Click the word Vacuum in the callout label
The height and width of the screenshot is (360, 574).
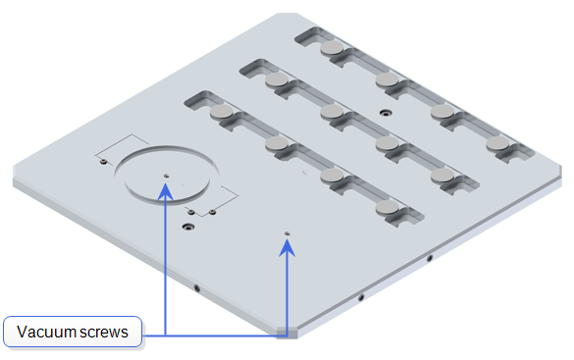[x=46, y=332]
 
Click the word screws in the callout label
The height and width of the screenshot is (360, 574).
[x=104, y=333]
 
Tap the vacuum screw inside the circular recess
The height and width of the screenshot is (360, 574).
[x=166, y=176]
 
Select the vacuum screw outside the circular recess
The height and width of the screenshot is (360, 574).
[x=287, y=233]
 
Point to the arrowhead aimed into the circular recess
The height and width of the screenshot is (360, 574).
[x=166, y=191]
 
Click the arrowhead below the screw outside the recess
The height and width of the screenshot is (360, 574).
[x=287, y=247]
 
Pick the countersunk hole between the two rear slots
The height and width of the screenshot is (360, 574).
[x=385, y=113]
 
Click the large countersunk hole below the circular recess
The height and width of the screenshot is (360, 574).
[x=188, y=227]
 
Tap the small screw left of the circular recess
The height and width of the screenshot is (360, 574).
[x=104, y=162]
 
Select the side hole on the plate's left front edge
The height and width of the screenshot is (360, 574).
[x=197, y=288]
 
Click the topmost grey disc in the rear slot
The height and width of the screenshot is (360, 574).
[x=332, y=47]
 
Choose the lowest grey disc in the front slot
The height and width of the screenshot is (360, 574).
[x=388, y=207]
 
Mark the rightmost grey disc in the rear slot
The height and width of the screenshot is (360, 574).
[x=497, y=143]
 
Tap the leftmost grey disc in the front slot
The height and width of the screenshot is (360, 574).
[x=222, y=111]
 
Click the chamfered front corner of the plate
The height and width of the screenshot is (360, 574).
[x=287, y=333]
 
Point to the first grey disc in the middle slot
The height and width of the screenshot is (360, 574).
[x=277, y=79]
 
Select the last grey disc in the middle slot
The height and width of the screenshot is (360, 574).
[x=443, y=176]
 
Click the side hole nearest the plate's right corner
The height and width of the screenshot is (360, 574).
[x=430, y=258]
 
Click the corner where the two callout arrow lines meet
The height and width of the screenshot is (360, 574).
[x=287, y=335]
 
